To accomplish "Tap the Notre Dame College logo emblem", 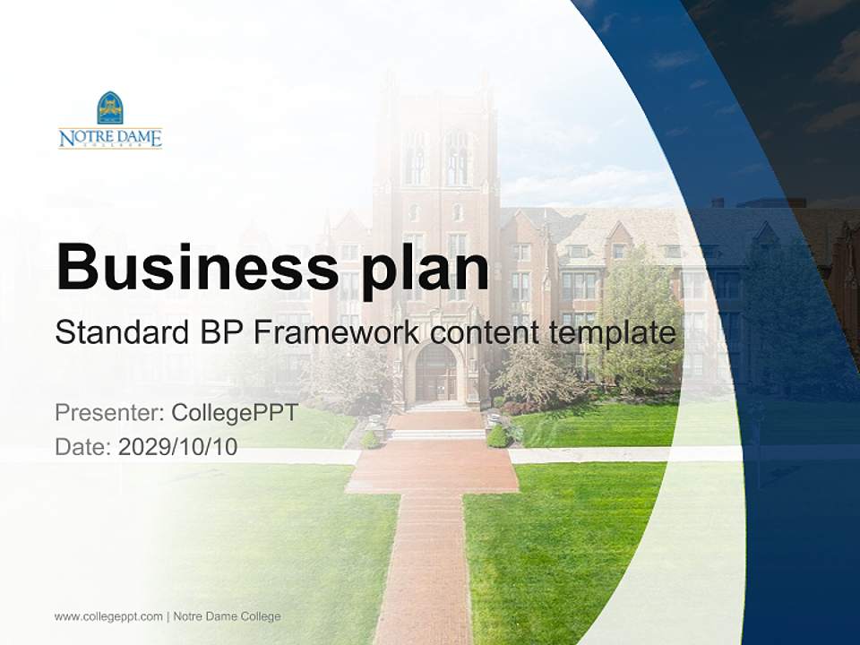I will (x=110, y=107).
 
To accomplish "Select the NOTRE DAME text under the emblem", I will (x=110, y=138).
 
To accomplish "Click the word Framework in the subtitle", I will (x=337, y=333).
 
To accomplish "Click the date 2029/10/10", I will (x=177, y=446).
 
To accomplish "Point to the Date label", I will (x=83, y=446).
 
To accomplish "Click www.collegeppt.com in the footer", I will (x=108, y=616).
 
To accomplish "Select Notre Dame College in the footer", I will (x=227, y=616).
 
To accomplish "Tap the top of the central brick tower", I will (x=437, y=85).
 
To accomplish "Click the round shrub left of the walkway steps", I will (x=370, y=439).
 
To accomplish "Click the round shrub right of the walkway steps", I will (x=497, y=436).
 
